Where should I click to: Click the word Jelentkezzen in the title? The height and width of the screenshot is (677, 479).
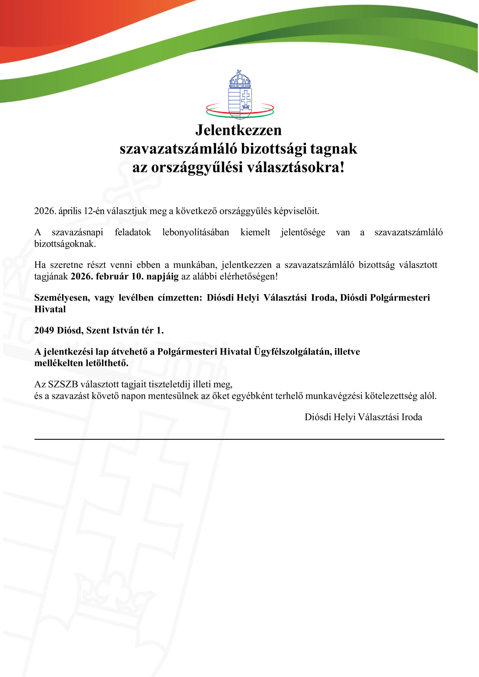click(238, 130)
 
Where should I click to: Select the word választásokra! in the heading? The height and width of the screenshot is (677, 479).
click(296, 168)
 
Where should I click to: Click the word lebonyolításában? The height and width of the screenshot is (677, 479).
click(196, 232)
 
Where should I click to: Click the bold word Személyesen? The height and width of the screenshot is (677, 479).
click(62, 298)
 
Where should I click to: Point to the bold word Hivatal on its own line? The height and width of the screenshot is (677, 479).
click(50, 309)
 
